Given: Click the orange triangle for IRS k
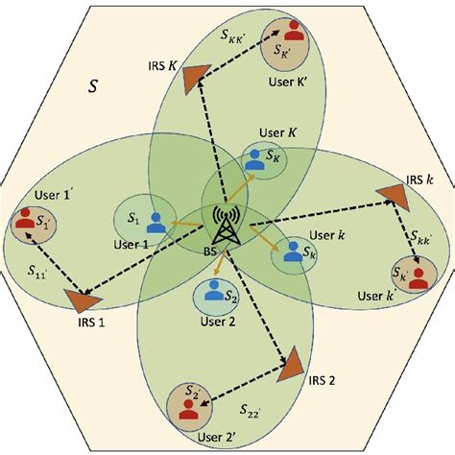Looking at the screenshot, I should pyautogui.click(x=392, y=195).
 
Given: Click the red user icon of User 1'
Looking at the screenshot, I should pyautogui.click(x=25, y=226).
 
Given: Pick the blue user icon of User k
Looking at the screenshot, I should pyautogui.click(x=289, y=252).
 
